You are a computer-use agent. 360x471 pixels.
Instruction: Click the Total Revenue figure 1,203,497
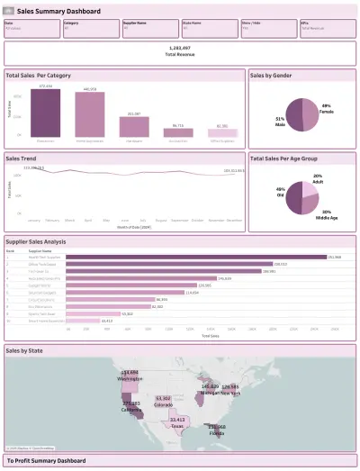pyautogui.click(x=180, y=51)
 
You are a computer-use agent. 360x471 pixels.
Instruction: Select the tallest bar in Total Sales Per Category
pyautogui.click(x=46, y=112)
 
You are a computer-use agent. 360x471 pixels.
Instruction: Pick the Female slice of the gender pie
pyautogui.click(x=310, y=114)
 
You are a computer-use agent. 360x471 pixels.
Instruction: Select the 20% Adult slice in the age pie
pyautogui.click(x=310, y=189)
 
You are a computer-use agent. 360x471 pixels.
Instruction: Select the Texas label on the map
pyautogui.click(x=177, y=420)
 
